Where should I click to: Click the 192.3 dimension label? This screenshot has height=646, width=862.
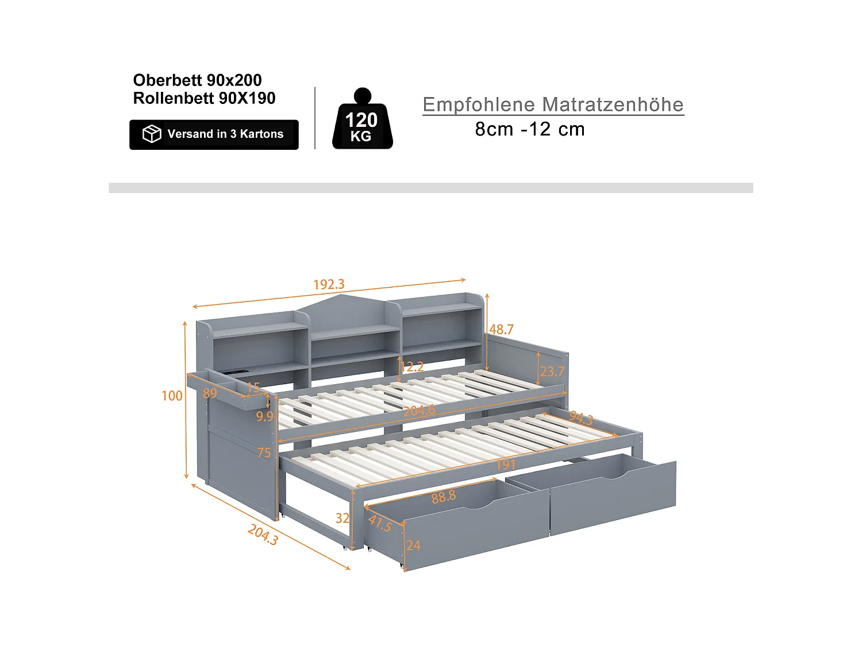click(329, 284)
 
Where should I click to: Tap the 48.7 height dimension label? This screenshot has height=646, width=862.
click(501, 330)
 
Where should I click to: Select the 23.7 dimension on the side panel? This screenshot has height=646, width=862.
click(552, 372)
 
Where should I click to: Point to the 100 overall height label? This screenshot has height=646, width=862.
click(172, 396)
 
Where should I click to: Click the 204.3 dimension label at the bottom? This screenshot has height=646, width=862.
click(263, 535)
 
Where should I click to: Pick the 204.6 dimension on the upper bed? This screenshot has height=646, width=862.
click(419, 411)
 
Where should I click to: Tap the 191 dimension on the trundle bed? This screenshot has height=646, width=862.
click(506, 465)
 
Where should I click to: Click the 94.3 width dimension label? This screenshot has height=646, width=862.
click(580, 418)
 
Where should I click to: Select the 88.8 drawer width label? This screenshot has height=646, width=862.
click(444, 497)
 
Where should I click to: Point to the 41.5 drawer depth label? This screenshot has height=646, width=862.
click(380, 523)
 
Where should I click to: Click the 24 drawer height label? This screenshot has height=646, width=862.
click(414, 546)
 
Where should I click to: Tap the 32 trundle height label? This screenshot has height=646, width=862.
click(343, 518)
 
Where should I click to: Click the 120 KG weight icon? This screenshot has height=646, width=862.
click(362, 121)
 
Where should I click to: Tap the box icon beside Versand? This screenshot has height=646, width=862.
click(152, 134)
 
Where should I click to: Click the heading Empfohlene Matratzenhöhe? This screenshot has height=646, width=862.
click(553, 105)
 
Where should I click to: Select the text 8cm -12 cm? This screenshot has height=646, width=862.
click(529, 129)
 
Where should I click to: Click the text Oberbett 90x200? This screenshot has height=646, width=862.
click(197, 80)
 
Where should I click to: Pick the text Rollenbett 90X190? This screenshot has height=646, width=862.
click(204, 98)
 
